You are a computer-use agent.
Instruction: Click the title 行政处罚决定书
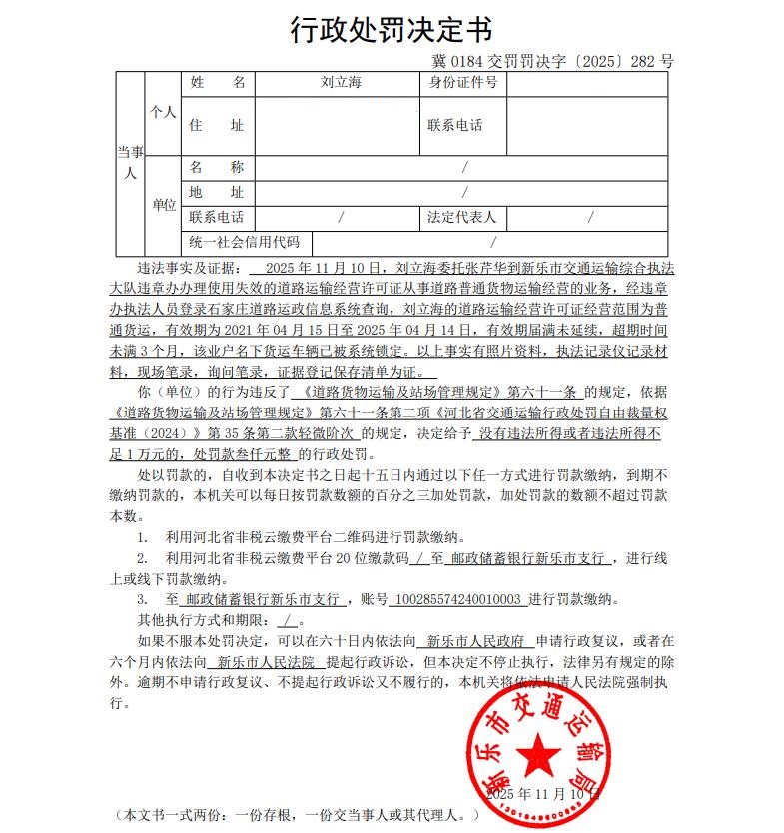point(392,30)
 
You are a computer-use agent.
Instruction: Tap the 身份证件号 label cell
point(462,83)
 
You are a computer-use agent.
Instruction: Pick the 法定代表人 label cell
point(461,216)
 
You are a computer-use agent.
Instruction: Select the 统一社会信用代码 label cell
point(245,242)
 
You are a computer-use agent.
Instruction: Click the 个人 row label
point(162,113)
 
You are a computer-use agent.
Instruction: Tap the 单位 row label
point(163,205)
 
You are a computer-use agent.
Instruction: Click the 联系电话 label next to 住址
point(455,126)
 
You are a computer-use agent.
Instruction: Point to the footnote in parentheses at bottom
point(299,815)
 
